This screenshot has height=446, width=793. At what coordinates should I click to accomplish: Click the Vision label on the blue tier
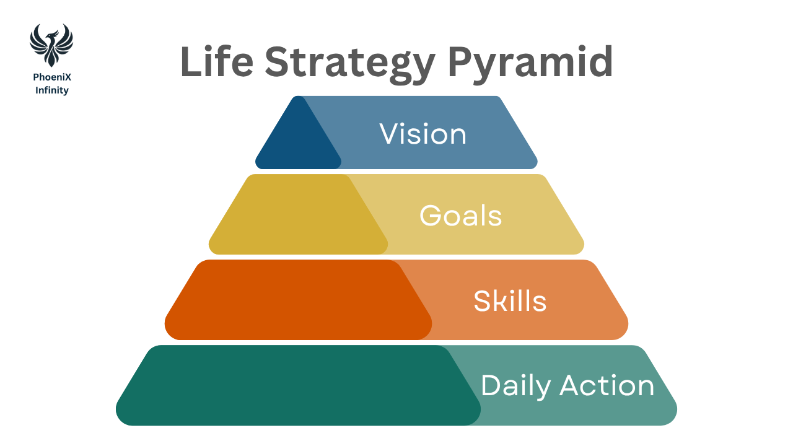tap(423, 134)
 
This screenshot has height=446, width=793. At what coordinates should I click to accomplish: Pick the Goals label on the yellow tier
tap(460, 216)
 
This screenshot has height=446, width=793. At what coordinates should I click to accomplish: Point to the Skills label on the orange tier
tap(510, 301)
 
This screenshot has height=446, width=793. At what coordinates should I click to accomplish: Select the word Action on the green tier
tap(607, 386)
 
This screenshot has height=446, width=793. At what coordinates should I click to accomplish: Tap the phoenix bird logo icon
tap(51, 44)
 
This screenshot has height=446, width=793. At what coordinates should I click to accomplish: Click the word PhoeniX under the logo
tap(51, 78)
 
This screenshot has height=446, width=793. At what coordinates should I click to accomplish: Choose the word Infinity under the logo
tap(51, 90)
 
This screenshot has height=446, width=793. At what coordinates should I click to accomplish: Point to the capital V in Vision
tap(389, 134)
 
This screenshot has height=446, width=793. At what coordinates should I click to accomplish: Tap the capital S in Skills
tap(482, 301)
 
